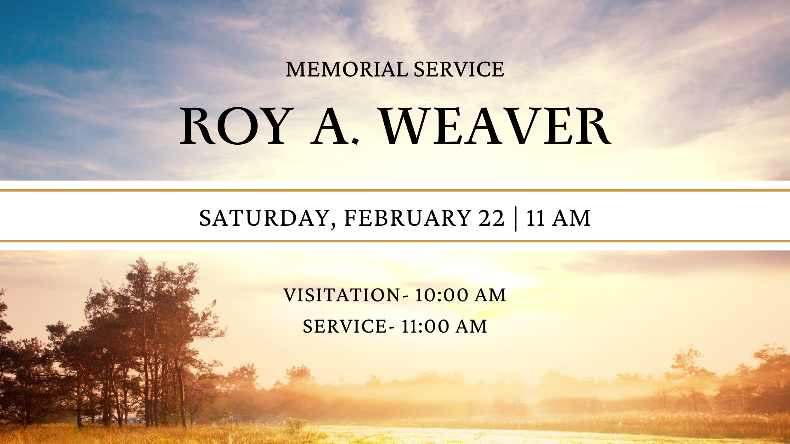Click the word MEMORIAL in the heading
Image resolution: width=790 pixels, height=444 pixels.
pyautogui.click(x=347, y=69)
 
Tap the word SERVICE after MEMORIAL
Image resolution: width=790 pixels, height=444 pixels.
pyautogui.click(x=459, y=69)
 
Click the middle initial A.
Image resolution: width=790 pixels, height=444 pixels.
pyautogui.click(x=331, y=126)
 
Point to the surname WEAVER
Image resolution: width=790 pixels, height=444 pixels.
pyautogui.click(x=495, y=126)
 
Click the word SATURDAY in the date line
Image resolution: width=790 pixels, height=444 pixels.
pyautogui.click(x=264, y=218)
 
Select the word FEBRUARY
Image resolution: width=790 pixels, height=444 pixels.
pyautogui.click(x=407, y=218)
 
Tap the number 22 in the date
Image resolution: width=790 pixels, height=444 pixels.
pyautogui.click(x=491, y=218)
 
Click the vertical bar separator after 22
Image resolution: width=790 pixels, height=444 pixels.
pyautogui.click(x=516, y=219)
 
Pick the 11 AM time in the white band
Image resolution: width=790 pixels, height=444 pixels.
pyautogui.click(x=558, y=218)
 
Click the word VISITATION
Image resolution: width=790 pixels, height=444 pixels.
pyautogui.click(x=342, y=296)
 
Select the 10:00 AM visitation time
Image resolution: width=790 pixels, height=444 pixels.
pyautogui.click(x=460, y=296)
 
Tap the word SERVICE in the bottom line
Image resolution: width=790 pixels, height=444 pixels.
pyautogui.click(x=344, y=327)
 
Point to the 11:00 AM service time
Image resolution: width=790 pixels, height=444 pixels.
pyautogui.click(x=444, y=327)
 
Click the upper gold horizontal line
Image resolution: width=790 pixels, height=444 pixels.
pyautogui.click(x=395, y=190)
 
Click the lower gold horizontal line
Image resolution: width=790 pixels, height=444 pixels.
pyautogui.click(x=395, y=241)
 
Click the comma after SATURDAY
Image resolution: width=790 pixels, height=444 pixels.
pyautogui.click(x=333, y=225)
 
